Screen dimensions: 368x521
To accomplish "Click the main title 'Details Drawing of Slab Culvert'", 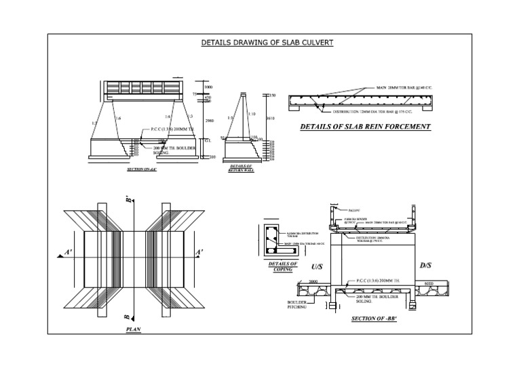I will [x=267, y=43].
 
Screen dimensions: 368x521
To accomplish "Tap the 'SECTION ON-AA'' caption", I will [x=142, y=169].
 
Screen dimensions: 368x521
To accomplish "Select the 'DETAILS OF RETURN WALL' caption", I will [x=241, y=168].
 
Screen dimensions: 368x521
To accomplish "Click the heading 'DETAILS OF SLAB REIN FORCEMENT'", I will [x=365, y=127].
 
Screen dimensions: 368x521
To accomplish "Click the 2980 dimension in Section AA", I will [x=210, y=121].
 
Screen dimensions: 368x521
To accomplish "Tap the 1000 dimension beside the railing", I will [x=208, y=88].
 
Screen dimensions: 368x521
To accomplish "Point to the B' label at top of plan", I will [x=128, y=200].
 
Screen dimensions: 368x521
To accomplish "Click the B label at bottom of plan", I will [x=128, y=316].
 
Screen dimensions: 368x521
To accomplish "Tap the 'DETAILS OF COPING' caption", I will [x=283, y=266].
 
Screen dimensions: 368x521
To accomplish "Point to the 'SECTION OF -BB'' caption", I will [x=373, y=319].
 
